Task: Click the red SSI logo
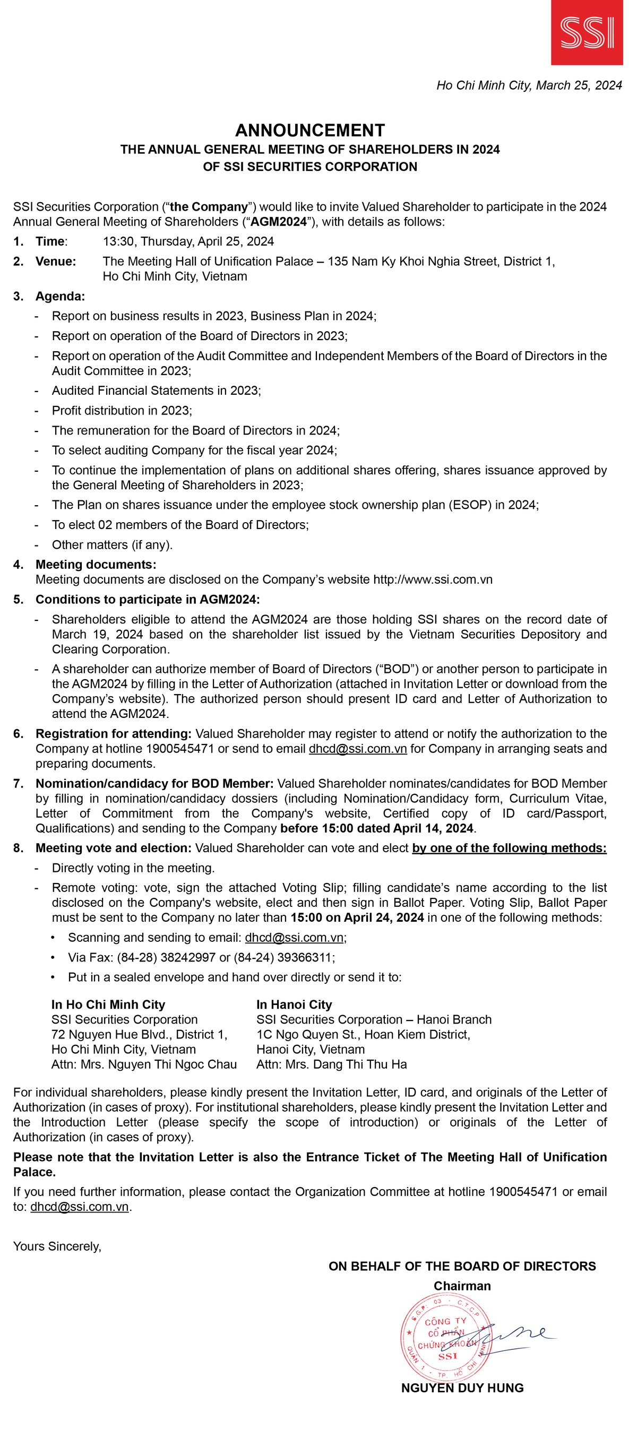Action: [x=587, y=32]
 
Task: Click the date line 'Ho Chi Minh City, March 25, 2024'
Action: [x=529, y=85]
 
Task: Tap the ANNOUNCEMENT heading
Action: [x=309, y=131]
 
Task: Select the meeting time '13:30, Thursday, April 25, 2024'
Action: [x=188, y=241]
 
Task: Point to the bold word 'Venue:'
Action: [x=56, y=261]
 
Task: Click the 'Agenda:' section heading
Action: [x=60, y=296]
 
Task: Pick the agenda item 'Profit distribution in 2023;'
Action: [x=122, y=411]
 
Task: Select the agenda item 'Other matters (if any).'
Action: [x=112, y=545]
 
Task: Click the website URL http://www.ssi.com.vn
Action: [x=433, y=579]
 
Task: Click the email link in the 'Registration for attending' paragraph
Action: [x=357, y=749]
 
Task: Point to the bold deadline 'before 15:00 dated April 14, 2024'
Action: [x=377, y=828]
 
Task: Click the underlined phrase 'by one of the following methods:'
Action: [x=509, y=848]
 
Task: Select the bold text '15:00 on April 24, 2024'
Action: [x=357, y=917]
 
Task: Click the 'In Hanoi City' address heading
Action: [x=294, y=1004]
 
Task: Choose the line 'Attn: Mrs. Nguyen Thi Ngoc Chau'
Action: [x=144, y=1064]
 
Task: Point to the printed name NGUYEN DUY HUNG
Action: [x=462, y=1388]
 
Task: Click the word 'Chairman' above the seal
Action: [x=462, y=1286]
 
